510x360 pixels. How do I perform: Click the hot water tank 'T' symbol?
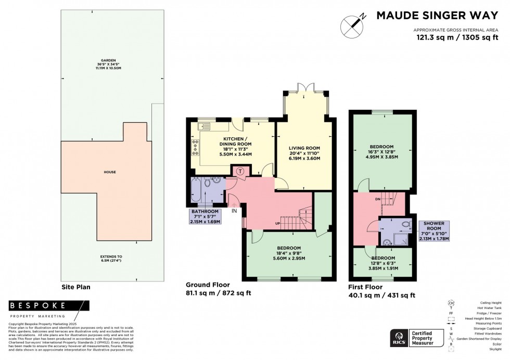(240, 171)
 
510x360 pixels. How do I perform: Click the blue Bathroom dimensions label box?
(205, 216)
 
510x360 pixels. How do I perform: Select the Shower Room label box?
(433, 231)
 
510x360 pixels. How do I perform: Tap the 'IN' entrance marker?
(234, 211)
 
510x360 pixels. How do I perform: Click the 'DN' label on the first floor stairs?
(378, 198)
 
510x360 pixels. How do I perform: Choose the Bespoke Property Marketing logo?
(40, 309)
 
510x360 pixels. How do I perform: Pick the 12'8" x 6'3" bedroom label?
(382, 262)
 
